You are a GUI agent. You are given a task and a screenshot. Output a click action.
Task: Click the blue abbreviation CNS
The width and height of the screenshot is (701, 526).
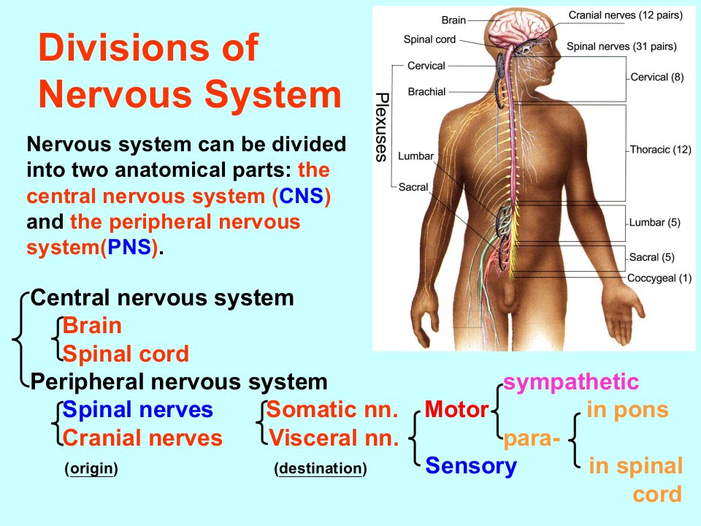click(301, 196)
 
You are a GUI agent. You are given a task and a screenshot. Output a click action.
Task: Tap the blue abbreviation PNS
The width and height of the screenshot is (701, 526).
click(129, 248)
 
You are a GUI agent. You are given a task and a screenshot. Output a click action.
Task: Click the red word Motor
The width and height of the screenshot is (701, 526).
click(456, 409)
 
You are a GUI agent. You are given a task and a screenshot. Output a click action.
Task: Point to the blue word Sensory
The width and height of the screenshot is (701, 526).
click(471, 467)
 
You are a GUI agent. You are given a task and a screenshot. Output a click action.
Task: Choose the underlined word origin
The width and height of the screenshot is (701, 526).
click(92, 469)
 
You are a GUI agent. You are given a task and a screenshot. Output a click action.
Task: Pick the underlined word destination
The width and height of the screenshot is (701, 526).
click(320, 468)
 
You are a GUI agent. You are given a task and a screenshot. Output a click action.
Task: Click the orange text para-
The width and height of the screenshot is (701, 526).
click(532, 440)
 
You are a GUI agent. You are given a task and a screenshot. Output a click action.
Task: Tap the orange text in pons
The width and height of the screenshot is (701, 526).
click(628, 410)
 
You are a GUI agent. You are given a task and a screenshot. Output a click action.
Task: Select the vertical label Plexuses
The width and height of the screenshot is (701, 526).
click(381, 127)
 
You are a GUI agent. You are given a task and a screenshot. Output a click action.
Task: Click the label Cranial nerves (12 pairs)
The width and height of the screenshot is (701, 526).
click(626, 15)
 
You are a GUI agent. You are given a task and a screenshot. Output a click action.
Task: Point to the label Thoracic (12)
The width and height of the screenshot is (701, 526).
click(660, 150)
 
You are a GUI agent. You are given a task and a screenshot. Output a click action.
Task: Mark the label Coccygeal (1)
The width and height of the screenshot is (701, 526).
click(659, 278)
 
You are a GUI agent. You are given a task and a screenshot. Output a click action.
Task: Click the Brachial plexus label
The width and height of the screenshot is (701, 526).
click(426, 92)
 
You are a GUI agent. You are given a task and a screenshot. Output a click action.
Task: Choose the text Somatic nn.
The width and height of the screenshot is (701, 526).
click(332, 409)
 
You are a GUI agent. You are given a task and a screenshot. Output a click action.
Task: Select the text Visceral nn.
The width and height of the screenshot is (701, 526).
click(334, 438)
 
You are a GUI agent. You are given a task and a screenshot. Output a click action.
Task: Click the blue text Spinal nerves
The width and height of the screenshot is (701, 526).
click(138, 410)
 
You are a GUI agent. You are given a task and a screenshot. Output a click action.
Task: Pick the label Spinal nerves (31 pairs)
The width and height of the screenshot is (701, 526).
click(621, 47)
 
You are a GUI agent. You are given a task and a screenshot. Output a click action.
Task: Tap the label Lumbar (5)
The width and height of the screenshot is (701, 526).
click(654, 223)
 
